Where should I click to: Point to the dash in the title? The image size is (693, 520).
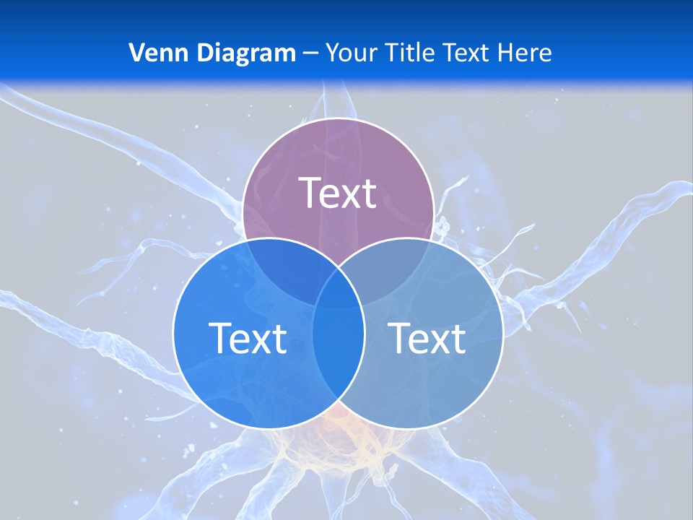311,53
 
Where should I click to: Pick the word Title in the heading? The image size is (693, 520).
409,53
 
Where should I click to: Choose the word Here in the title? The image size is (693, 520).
528,53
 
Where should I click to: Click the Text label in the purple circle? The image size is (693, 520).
338,193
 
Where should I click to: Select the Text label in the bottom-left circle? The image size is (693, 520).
248,338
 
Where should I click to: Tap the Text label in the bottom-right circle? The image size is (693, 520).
427,338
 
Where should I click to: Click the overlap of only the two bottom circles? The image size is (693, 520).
339,354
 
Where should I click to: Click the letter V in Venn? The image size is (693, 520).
136,53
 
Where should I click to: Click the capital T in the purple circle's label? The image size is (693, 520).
309,193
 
